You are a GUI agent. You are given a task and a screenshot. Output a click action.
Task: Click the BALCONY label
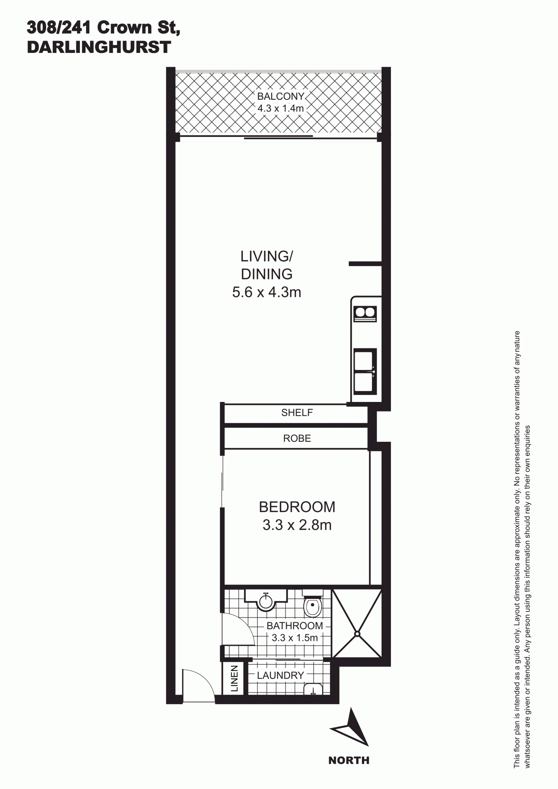[x=281, y=96]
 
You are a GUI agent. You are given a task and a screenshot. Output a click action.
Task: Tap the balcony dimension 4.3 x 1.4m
[x=281, y=109]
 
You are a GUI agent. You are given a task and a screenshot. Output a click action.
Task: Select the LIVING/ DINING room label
[x=267, y=265]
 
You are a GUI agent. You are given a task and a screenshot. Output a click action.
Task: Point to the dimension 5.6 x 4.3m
[x=267, y=292]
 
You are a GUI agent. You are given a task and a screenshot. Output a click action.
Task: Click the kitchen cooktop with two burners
[x=365, y=314]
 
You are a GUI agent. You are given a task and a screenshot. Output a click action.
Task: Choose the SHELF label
[x=297, y=412]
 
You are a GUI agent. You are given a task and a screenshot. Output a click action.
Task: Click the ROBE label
[x=297, y=438]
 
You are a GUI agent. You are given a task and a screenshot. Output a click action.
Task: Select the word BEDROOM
[x=297, y=507]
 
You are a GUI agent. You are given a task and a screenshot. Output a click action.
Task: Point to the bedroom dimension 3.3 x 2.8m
[x=297, y=525]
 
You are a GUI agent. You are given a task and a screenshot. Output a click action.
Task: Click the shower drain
[x=357, y=633]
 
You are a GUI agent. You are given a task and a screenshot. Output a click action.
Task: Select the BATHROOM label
[x=295, y=626]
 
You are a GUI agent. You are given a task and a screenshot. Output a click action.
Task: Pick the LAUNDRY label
[x=280, y=675]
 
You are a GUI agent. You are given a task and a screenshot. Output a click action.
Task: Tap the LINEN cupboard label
[x=234, y=678]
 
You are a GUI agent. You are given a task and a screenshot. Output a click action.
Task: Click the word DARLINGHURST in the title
[x=99, y=47]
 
